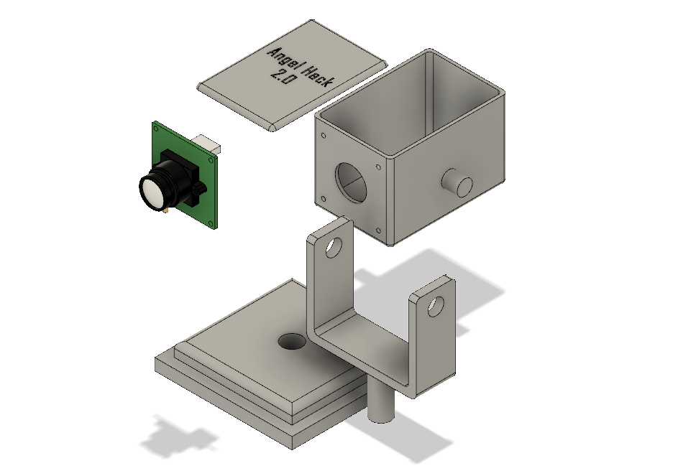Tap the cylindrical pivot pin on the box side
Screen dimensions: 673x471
[x=457, y=182]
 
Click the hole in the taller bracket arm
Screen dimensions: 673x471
[x=334, y=247]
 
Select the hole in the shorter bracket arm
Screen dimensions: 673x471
[x=436, y=306]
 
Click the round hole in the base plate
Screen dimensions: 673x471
[x=293, y=342]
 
